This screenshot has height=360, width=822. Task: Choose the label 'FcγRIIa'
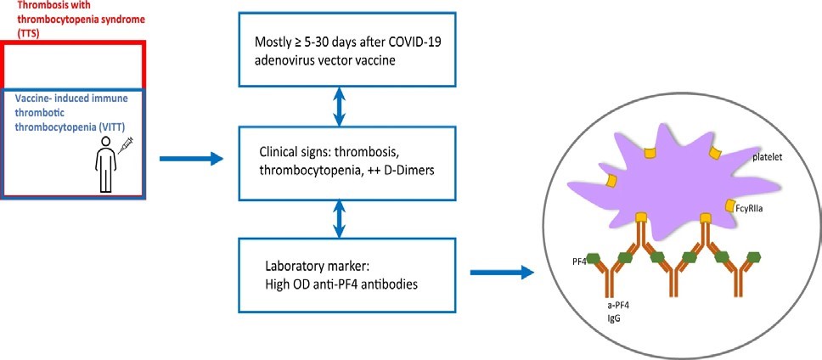tap(763, 206)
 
